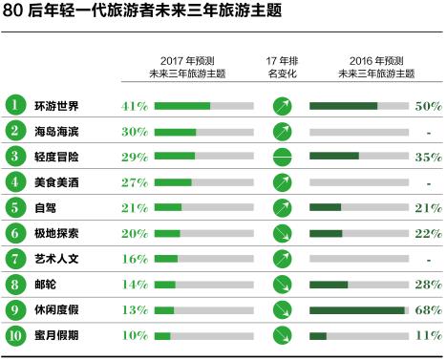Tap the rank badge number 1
15,104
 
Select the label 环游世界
56,105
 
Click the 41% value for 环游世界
135,105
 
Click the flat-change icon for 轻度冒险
282,156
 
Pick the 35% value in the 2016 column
428,156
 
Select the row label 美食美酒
56,181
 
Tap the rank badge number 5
15,206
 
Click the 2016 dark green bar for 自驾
325,207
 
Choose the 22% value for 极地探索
428,233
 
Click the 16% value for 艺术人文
135,259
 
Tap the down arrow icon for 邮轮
282,284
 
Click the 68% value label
428,309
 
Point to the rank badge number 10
15,334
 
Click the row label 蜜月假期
56,335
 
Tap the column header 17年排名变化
282,66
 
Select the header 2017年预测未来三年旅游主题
187,66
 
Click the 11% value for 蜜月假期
428,335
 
